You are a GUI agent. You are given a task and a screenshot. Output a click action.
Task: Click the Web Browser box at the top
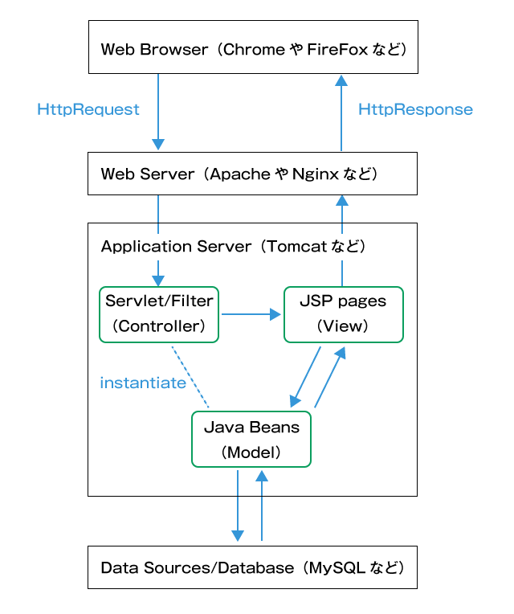(252, 50)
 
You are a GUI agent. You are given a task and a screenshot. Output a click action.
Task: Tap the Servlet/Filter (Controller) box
(159, 314)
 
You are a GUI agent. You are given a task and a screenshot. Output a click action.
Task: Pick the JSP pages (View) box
(343, 314)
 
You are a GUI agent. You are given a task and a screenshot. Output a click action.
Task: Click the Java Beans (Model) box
(251, 439)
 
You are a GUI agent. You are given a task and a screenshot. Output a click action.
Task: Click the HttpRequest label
(88, 109)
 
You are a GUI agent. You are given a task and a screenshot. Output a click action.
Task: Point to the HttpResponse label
(415, 109)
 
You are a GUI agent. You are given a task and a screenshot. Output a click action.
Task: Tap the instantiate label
(143, 383)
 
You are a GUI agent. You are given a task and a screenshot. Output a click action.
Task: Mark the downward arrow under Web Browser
(158, 112)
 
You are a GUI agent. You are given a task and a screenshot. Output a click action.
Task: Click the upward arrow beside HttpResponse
(341, 113)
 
